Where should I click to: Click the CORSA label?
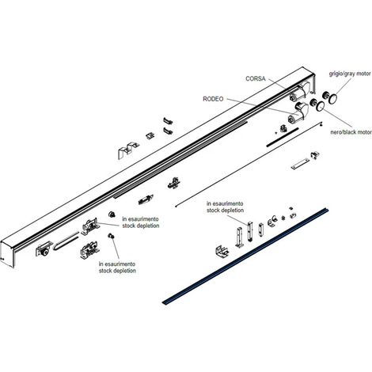click(x=256, y=78)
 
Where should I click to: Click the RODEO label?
click(x=213, y=99)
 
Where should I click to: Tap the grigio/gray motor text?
click(x=350, y=74)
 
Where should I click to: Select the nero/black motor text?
click(x=351, y=132)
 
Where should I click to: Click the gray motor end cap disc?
click(x=332, y=99)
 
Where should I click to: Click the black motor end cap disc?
click(x=321, y=106)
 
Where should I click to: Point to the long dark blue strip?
click(x=246, y=256)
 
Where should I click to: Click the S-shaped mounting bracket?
click(x=127, y=150)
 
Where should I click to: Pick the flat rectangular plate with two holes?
click(x=300, y=164)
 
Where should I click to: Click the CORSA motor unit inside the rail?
click(x=300, y=92)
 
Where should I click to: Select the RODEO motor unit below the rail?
click(x=298, y=112)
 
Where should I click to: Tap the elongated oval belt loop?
click(x=66, y=240)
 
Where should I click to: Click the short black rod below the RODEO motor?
click(x=283, y=137)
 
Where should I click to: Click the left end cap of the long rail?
click(x=7, y=254)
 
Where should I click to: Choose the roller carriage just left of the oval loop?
click(x=43, y=249)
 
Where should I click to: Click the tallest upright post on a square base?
click(x=240, y=237)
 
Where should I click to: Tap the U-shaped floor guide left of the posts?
click(x=222, y=251)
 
